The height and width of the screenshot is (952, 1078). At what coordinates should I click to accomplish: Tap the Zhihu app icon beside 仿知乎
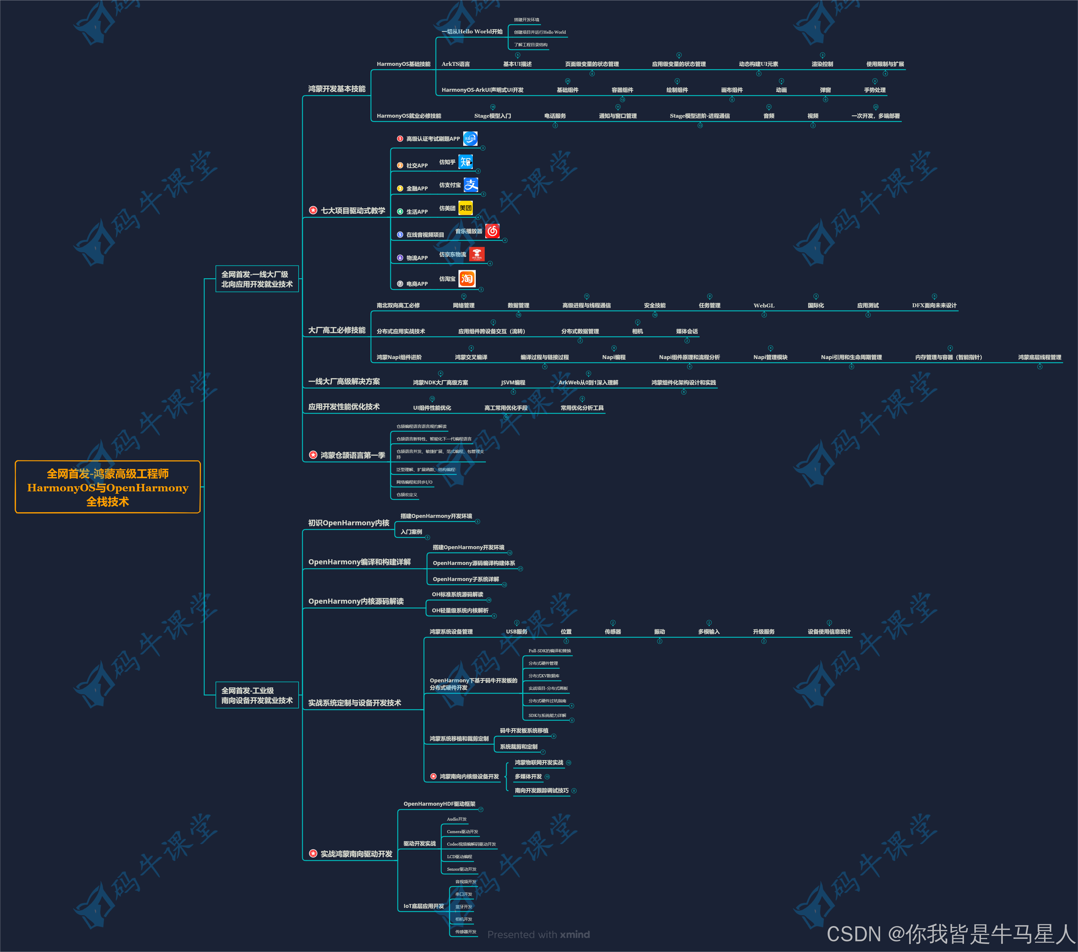[x=465, y=162]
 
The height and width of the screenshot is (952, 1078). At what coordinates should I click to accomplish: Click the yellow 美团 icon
[x=465, y=208]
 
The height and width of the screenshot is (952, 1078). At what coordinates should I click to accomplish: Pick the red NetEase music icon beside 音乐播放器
[x=492, y=231]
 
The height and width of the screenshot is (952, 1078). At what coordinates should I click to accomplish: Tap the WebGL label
[x=764, y=305]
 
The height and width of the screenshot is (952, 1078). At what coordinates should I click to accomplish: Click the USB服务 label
[x=516, y=632]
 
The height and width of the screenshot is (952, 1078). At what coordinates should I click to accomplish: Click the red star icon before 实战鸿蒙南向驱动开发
[x=313, y=853]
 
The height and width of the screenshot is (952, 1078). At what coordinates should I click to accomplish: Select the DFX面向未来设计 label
[x=934, y=305]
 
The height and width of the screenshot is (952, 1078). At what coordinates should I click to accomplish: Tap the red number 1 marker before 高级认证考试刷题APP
[x=400, y=139]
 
